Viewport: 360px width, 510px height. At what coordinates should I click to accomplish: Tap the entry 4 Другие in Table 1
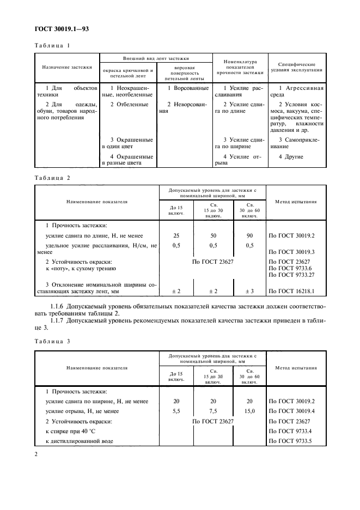[x=291, y=157]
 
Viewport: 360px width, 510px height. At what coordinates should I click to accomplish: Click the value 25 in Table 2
[x=175, y=235]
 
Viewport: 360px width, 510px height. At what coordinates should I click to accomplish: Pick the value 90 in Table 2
[x=249, y=235]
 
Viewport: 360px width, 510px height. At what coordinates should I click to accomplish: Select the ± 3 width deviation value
[x=249, y=292]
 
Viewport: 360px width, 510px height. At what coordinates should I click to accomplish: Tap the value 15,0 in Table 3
[x=249, y=411]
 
